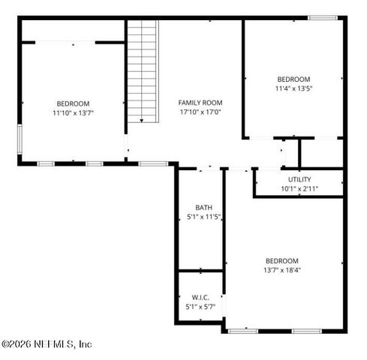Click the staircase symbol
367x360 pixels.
143,70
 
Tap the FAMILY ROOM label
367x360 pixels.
200,103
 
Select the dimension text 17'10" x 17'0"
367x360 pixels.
200,112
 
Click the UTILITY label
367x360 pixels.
299,179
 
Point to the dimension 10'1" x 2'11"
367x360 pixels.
299,189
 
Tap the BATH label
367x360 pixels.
203,208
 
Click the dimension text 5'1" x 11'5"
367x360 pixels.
203,217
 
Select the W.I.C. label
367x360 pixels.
200,297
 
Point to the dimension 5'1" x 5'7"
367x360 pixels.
200,307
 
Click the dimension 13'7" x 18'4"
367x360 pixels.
282,270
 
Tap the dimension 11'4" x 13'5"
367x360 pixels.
294,88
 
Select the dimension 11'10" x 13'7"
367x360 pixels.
73,113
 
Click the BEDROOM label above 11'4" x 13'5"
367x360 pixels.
294,79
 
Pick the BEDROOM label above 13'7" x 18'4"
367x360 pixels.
282,260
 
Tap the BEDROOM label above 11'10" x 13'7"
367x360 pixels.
73,103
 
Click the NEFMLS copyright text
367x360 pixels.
47,344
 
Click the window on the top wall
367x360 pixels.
321,17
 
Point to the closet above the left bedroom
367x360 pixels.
73,30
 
